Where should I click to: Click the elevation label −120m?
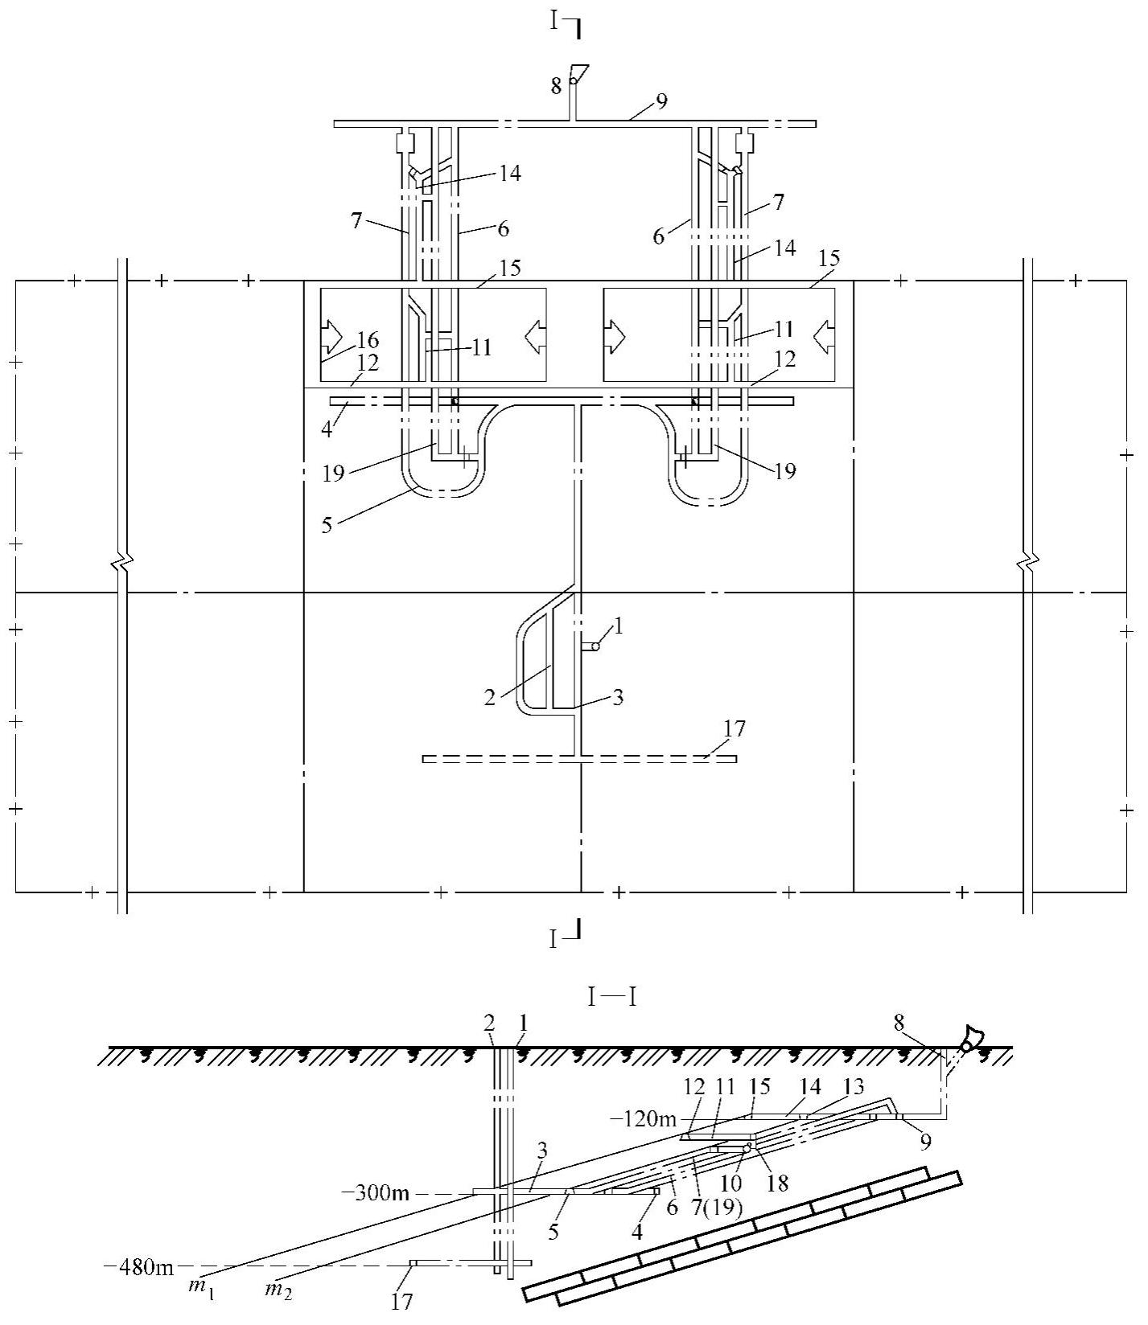point(644,1119)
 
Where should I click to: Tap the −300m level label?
point(381,1193)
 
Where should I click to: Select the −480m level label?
point(139,1268)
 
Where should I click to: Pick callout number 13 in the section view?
point(853,1087)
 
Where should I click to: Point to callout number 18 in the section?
point(778,1183)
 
